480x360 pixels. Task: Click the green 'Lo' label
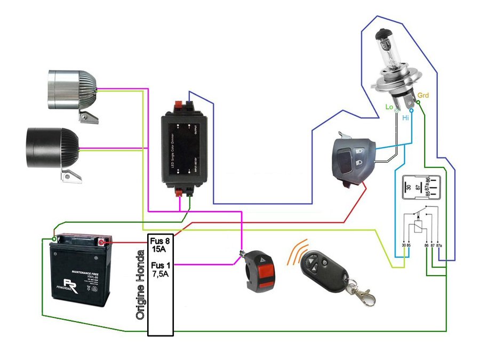tap(389, 107)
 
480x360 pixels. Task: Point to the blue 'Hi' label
tap(406, 116)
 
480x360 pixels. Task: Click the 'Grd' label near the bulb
tap(423, 95)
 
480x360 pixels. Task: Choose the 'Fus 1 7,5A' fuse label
tap(161, 269)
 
